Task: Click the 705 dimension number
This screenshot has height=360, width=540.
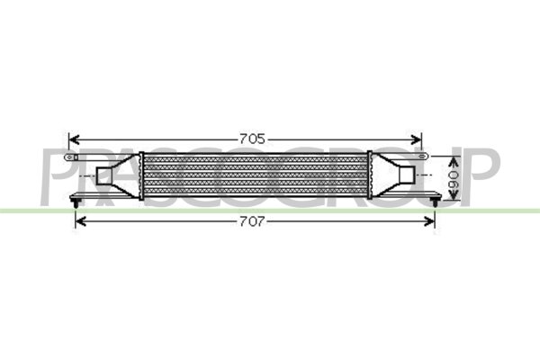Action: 251,139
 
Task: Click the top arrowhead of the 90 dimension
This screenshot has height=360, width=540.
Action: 445,156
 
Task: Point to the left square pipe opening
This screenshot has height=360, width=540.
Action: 103,177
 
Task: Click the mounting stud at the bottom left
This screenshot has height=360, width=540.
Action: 72,208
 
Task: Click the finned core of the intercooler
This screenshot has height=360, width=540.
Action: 254,175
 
